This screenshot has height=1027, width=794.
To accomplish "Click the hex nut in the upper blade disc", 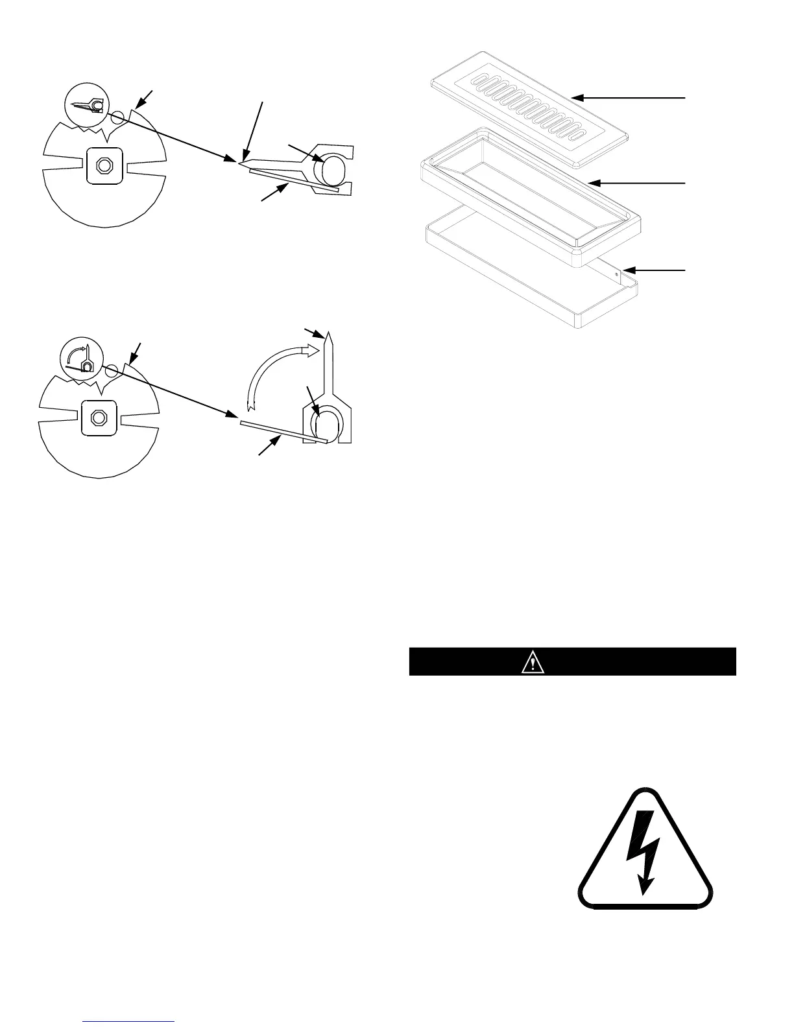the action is click(102, 165).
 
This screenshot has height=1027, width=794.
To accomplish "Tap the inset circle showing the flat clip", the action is click(87, 104).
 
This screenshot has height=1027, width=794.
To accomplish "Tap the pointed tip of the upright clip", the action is click(330, 338).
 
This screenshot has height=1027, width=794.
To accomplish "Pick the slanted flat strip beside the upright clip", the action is click(282, 432).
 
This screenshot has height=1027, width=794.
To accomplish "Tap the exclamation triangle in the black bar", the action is click(533, 663).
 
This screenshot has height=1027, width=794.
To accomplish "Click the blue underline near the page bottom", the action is click(129, 1021).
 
